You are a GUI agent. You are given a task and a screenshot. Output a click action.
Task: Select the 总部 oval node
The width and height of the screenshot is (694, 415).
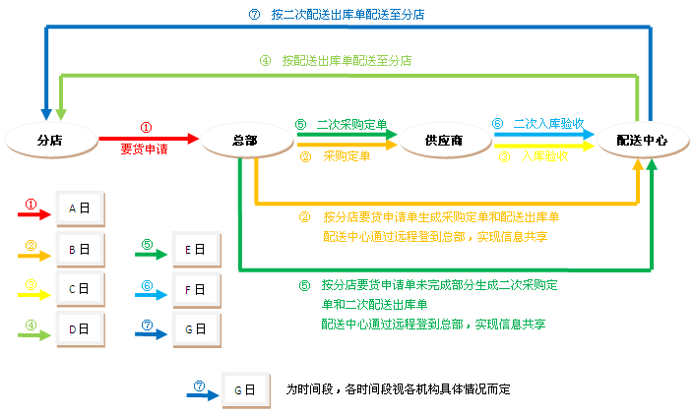[245, 141]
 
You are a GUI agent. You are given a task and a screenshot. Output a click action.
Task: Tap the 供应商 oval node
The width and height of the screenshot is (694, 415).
[444, 141]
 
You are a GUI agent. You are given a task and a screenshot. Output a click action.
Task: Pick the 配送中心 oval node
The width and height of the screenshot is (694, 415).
[641, 141]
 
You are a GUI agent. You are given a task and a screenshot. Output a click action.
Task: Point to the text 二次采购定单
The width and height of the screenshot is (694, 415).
[349, 124]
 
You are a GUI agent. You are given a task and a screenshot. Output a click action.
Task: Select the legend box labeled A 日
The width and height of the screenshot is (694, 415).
[80, 208]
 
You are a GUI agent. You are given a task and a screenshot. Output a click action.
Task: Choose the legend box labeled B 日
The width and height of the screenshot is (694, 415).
[80, 250]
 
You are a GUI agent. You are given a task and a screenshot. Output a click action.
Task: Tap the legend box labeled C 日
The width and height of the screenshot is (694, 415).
[80, 289]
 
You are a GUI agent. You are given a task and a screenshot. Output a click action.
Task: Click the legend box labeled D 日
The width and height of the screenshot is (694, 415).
[80, 330]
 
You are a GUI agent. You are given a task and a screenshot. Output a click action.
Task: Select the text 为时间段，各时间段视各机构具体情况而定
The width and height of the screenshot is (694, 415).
[399, 388]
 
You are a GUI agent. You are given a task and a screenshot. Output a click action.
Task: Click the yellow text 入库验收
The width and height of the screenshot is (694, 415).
[544, 155]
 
